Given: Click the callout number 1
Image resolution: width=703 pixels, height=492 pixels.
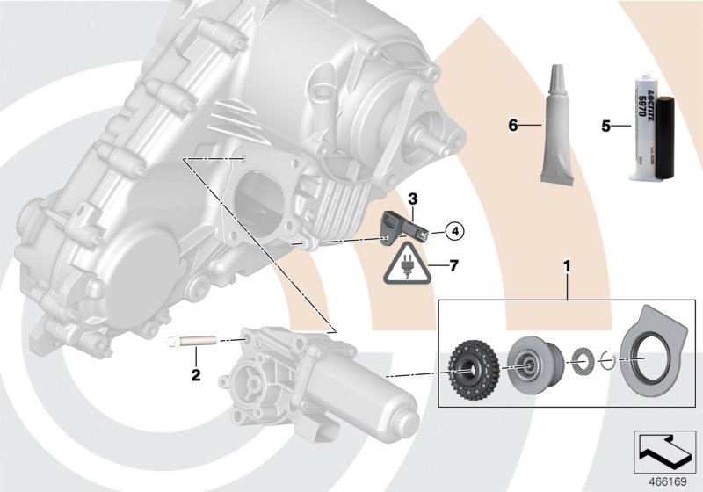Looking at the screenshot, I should (x=567, y=263).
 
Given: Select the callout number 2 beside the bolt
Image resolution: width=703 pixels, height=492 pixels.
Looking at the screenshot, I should (x=196, y=375).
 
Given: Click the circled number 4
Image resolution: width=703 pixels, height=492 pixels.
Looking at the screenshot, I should (x=453, y=232).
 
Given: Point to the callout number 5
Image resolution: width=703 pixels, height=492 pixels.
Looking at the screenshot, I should (x=605, y=126).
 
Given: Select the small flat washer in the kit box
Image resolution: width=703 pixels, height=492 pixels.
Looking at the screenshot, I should (x=581, y=359).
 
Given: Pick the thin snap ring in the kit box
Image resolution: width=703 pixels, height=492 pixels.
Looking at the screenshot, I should (x=605, y=359).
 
